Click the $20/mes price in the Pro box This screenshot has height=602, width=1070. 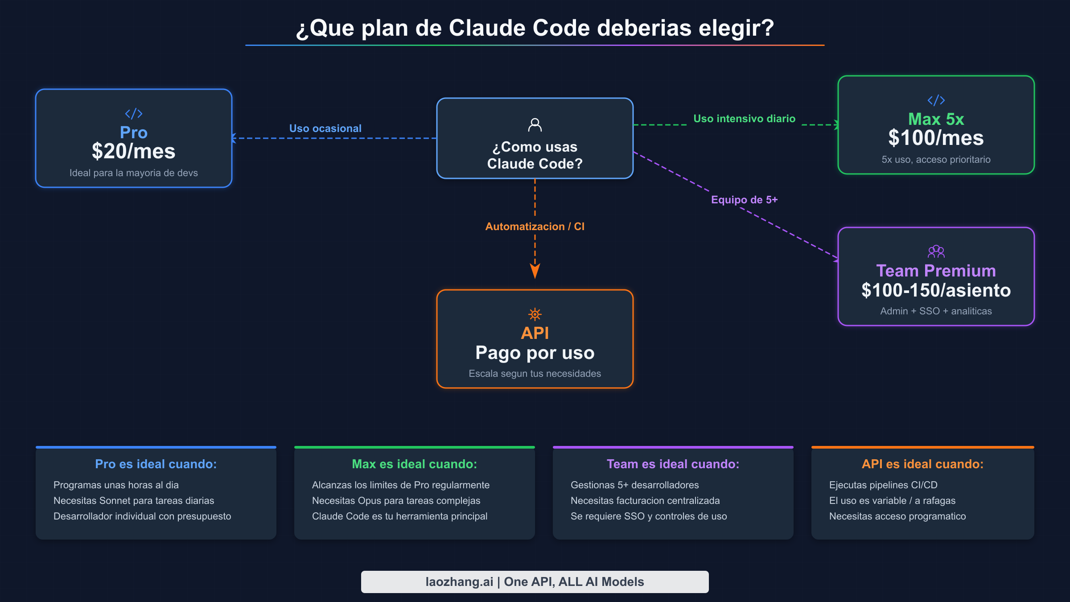pyautogui.click(x=133, y=152)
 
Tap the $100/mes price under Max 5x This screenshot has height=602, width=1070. pyautogui.click(x=936, y=138)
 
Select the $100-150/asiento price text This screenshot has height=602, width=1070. pyautogui.click(x=936, y=290)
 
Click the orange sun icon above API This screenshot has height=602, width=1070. pyautogui.click(x=535, y=314)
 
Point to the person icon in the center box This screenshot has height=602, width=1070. pyautogui.click(x=535, y=125)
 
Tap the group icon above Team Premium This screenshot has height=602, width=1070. pyautogui.click(x=936, y=252)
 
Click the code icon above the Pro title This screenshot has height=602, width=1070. pyautogui.click(x=133, y=114)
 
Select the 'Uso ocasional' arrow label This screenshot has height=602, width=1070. pyautogui.click(x=325, y=128)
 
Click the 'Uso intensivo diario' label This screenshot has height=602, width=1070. pyautogui.click(x=744, y=119)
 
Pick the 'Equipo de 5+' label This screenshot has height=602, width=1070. pyautogui.click(x=744, y=200)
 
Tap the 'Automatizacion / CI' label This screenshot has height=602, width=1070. pyautogui.click(x=535, y=227)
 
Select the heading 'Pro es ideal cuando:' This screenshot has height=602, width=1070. pyautogui.click(x=156, y=464)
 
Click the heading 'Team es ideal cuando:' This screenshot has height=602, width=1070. pyautogui.click(x=673, y=464)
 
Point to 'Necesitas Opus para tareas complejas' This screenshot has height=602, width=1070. pyautogui.click(x=396, y=501)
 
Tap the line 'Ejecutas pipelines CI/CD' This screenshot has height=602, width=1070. pyautogui.click(x=883, y=485)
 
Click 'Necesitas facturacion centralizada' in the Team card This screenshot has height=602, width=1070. pyautogui.click(x=645, y=501)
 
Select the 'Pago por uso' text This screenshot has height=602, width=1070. pyautogui.click(x=535, y=353)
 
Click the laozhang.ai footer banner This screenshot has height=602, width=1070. pyautogui.click(x=535, y=582)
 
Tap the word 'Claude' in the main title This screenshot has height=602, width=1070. pyautogui.click(x=487, y=28)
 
